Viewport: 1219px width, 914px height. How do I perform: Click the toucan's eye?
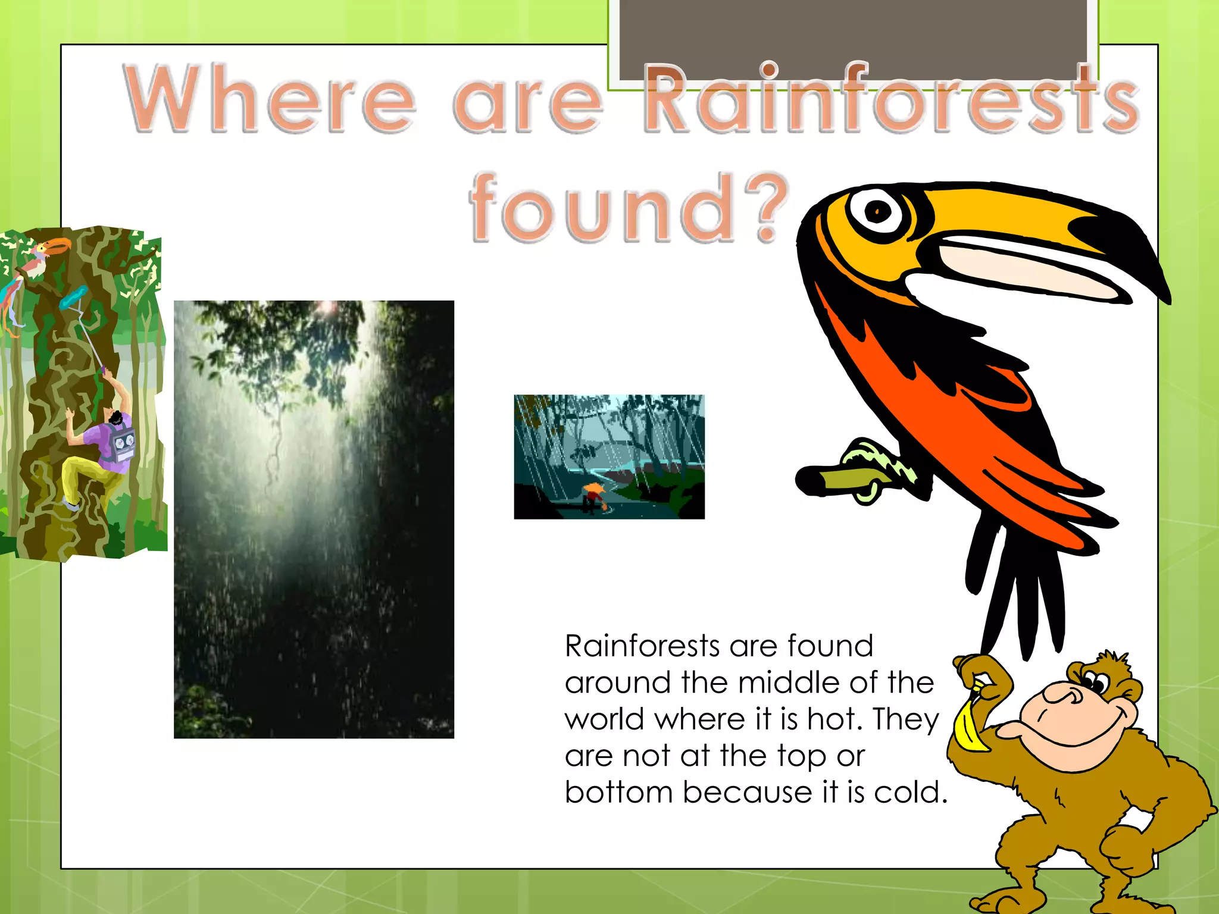(878, 211)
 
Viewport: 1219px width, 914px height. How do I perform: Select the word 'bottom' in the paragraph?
(618, 792)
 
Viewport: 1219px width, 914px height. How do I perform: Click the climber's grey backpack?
(122, 443)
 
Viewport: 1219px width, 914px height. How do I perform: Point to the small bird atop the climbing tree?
(45, 253)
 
